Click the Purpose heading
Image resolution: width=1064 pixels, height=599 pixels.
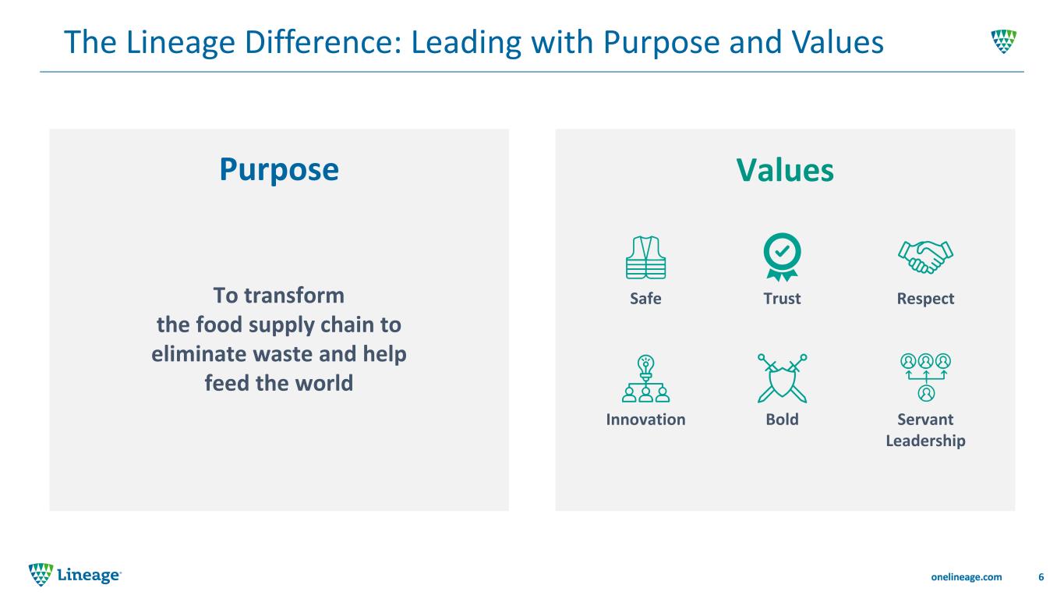[x=279, y=170]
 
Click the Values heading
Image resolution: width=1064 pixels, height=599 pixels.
[x=785, y=170]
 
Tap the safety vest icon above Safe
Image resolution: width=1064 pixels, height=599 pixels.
[x=645, y=257]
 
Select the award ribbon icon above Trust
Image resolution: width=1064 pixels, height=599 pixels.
[x=782, y=257]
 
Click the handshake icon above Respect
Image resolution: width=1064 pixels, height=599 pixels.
[x=925, y=257]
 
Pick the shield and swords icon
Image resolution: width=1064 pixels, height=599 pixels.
[x=782, y=378]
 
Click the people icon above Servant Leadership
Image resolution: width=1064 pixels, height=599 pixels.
[x=926, y=377]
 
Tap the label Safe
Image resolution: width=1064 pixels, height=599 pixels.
[x=645, y=299]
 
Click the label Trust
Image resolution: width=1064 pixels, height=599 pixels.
[x=782, y=299]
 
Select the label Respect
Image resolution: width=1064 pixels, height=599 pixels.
[x=925, y=299]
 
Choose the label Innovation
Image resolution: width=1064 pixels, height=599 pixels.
[x=645, y=420]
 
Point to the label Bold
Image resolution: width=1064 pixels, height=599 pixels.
[x=782, y=420]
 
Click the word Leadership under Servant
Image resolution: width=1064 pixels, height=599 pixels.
[x=925, y=441]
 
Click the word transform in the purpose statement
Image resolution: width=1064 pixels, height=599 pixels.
[x=294, y=296]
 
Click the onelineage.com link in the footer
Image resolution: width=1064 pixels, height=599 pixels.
[x=966, y=577]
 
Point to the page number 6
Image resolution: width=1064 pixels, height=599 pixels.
[x=1041, y=577]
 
